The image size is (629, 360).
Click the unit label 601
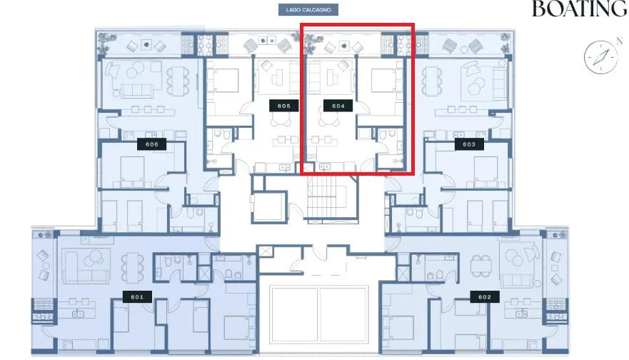137,297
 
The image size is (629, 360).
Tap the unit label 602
485,297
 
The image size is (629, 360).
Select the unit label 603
469,144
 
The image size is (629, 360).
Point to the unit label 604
338,106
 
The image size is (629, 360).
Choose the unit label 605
284,106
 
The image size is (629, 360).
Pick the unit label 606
151,144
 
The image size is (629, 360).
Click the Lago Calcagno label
308,9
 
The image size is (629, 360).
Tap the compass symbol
600,57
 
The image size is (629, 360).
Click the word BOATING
580,9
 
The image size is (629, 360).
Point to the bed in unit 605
225,80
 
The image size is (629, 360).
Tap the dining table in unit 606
177,81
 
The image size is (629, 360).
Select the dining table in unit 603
431,81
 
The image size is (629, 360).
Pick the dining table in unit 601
132,267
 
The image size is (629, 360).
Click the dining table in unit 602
481,266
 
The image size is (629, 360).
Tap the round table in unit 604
329,118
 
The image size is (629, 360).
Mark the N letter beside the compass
620,41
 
